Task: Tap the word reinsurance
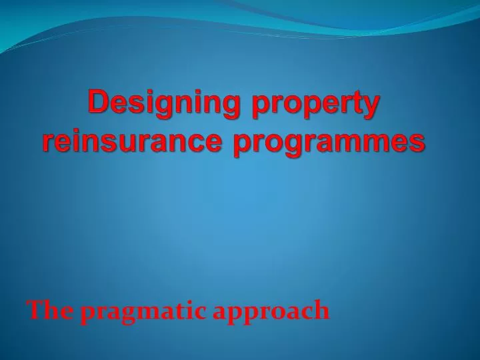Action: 131,141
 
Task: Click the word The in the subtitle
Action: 51,310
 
